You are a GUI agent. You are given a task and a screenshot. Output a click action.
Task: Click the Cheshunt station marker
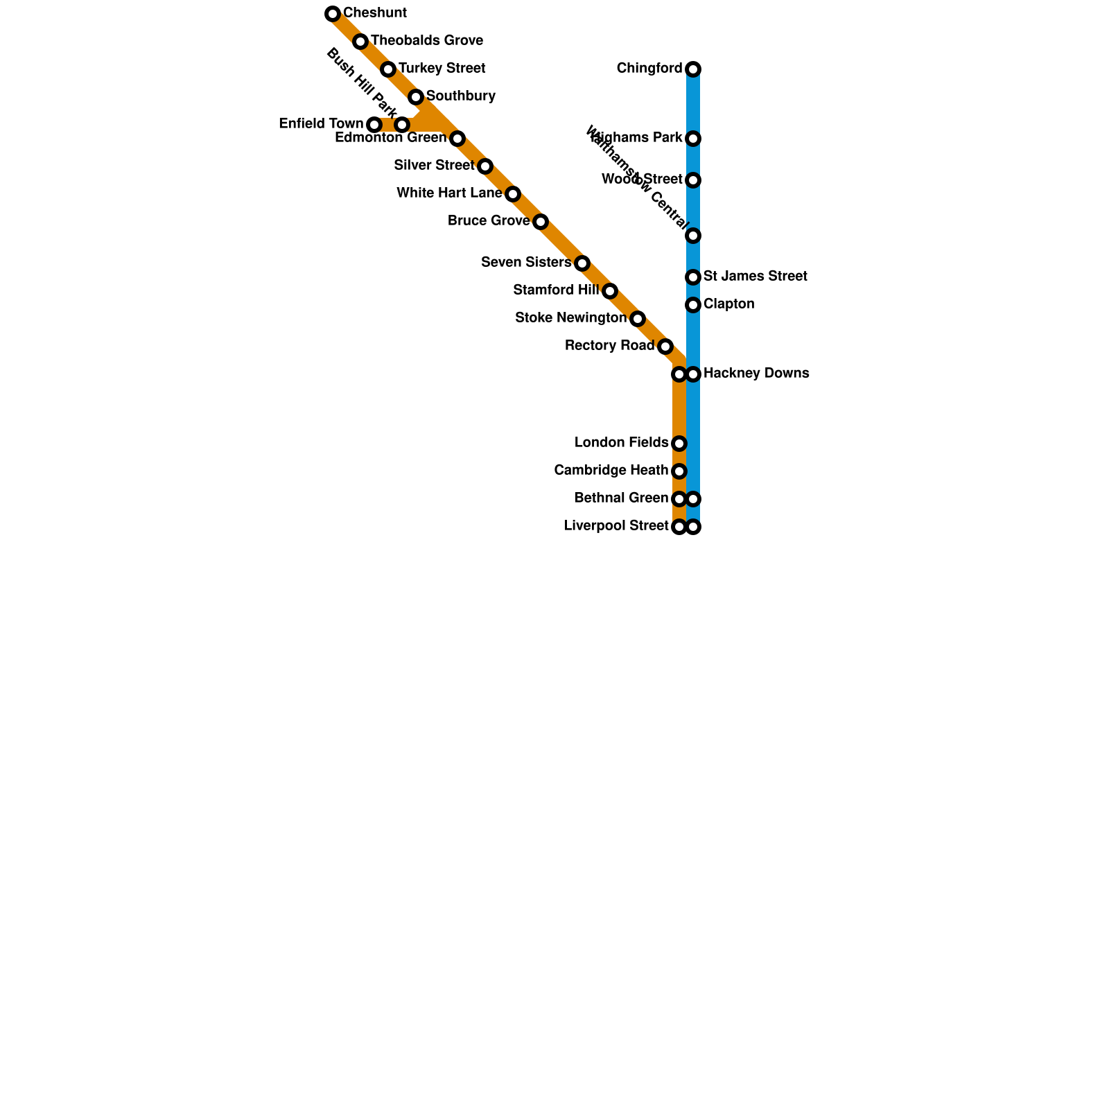point(333,14)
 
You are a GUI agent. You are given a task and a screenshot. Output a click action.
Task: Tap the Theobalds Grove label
point(426,41)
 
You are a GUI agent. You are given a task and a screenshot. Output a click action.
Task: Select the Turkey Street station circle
point(388,69)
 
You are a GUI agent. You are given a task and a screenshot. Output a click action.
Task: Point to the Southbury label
point(460,96)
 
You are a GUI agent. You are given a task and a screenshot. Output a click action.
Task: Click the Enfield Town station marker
point(374,125)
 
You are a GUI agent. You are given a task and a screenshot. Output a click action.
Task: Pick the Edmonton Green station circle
point(457,139)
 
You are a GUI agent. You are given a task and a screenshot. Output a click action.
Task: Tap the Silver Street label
point(434,166)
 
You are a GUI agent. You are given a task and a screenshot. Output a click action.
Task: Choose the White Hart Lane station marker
point(513,194)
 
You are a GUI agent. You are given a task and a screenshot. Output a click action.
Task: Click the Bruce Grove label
point(489,221)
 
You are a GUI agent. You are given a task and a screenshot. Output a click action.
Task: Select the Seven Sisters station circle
point(582,263)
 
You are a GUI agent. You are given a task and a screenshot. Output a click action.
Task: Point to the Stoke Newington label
point(570,318)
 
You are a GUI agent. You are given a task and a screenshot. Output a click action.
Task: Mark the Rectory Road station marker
point(665,347)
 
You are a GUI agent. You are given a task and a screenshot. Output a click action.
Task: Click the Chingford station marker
point(693,69)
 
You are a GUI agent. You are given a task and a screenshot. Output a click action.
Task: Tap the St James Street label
point(755,277)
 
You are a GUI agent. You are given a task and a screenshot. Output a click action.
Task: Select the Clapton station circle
point(693,305)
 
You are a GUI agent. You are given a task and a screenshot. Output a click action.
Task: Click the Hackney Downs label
point(756,374)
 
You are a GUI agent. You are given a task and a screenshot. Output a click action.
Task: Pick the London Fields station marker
point(679,444)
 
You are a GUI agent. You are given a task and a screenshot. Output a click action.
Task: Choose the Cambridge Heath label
point(611,471)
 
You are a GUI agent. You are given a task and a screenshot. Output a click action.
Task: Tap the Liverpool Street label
point(616,526)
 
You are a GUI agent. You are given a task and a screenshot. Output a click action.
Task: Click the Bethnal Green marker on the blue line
point(693,499)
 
